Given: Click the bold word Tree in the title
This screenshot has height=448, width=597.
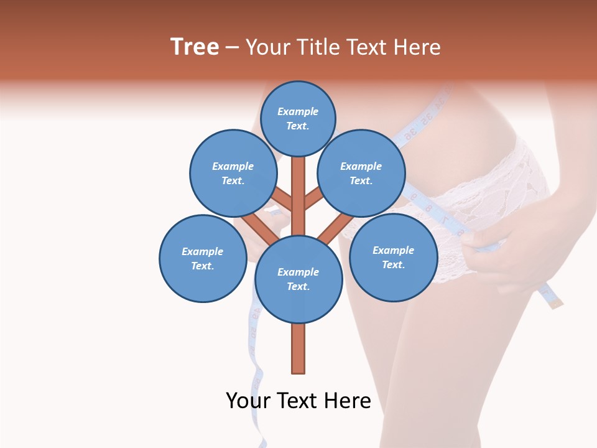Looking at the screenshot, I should [x=195, y=47].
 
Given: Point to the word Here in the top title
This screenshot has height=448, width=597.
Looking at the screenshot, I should [x=417, y=47].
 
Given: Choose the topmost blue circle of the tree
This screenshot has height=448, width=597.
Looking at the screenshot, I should [x=298, y=118].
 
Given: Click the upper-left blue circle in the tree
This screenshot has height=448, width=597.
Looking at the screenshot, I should [x=233, y=173].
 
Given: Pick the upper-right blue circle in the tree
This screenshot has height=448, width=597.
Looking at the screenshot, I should [x=361, y=173].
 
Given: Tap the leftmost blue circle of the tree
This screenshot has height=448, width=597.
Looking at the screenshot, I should [x=203, y=258].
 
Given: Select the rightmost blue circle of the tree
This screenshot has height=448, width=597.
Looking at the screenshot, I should [x=393, y=257].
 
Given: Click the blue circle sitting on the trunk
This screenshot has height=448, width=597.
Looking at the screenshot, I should [x=298, y=279].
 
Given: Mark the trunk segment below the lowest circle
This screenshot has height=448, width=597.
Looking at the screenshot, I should [x=298, y=348].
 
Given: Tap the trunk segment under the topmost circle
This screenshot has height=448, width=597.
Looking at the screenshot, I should [x=298, y=187].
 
